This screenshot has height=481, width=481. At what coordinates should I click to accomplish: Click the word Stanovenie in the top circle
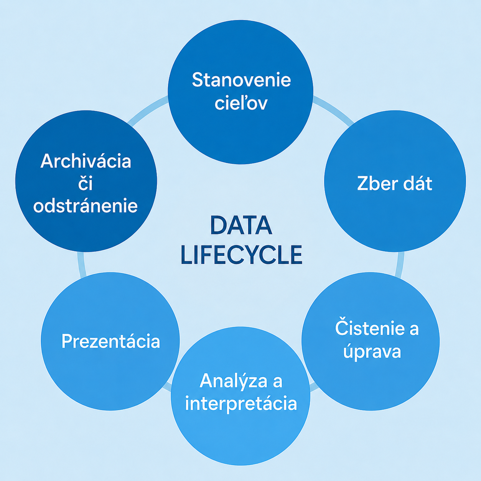241,80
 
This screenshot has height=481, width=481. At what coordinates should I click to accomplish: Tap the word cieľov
241,102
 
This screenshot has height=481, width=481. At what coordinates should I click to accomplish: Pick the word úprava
372,351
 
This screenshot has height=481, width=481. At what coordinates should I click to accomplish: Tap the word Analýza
233,381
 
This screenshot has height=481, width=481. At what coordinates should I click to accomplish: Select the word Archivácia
86,161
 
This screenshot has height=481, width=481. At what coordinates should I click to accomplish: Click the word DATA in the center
241,226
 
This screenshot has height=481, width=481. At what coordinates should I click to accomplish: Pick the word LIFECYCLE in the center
241,255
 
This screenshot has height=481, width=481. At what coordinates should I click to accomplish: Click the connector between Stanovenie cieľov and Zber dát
333,110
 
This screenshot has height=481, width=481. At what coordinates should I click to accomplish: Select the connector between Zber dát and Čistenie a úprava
400,265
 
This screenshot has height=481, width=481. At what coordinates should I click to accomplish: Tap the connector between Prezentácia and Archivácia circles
82,265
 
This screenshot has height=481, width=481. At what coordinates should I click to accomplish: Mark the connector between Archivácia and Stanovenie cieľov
148,110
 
